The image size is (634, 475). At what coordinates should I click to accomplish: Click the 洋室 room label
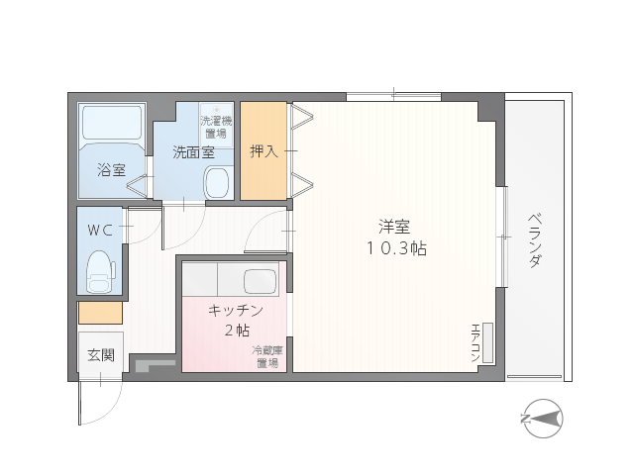click(394, 227)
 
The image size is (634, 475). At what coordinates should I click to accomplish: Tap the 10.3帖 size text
click(396, 248)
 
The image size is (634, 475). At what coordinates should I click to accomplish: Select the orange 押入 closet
click(264, 150)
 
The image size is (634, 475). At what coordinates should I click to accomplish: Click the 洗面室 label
click(194, 152)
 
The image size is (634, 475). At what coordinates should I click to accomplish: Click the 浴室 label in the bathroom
click(111, 169)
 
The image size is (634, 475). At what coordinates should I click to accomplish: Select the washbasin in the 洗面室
click(217, 182)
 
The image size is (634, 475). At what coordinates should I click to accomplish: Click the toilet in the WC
click(99, 271)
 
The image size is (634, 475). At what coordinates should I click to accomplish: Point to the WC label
click(100, 231)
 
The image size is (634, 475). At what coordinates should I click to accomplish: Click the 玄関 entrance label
click(101, 355)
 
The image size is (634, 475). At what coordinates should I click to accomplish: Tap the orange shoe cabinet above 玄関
click(100, 313)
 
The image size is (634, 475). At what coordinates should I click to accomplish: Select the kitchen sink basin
click(261, 281)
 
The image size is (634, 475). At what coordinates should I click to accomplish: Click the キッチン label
click(236, 310)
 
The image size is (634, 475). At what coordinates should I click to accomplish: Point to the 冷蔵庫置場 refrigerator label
click(267, 356)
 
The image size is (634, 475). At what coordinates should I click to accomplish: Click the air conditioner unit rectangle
click(488, 343)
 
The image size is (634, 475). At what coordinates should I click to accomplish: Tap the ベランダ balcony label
click(535, 240)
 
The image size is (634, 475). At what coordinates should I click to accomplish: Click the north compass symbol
click(543, 419)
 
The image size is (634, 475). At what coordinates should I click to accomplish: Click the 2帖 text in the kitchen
click(238, 331)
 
